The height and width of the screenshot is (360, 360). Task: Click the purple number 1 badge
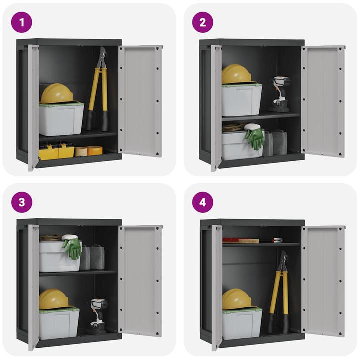pos(22,22)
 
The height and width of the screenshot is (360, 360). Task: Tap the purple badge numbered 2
pos(203,22)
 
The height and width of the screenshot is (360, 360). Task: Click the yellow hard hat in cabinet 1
pos(56,94)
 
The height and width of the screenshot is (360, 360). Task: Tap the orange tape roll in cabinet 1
pos(94,150)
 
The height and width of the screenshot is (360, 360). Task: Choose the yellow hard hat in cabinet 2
pos(236,74)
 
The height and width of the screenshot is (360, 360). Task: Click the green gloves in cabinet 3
pos(72,248)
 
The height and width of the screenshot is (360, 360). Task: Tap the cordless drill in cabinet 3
pos(98,315)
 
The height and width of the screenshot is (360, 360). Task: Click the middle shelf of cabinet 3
pos(78,273)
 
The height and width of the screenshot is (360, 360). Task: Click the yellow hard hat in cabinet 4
pos(237,299)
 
